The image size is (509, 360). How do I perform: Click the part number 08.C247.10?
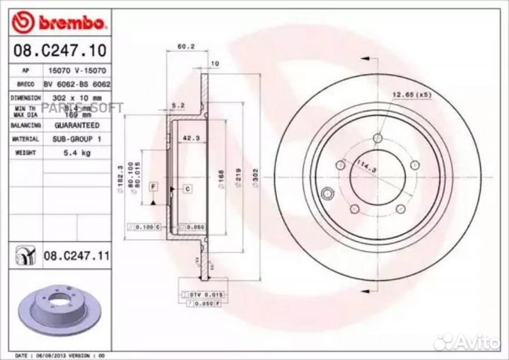pos(56,51)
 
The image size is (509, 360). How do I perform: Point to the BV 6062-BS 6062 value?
pos(74,83)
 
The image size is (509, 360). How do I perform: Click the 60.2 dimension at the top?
pos(185,46)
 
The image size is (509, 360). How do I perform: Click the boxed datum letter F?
pos(152,185)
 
